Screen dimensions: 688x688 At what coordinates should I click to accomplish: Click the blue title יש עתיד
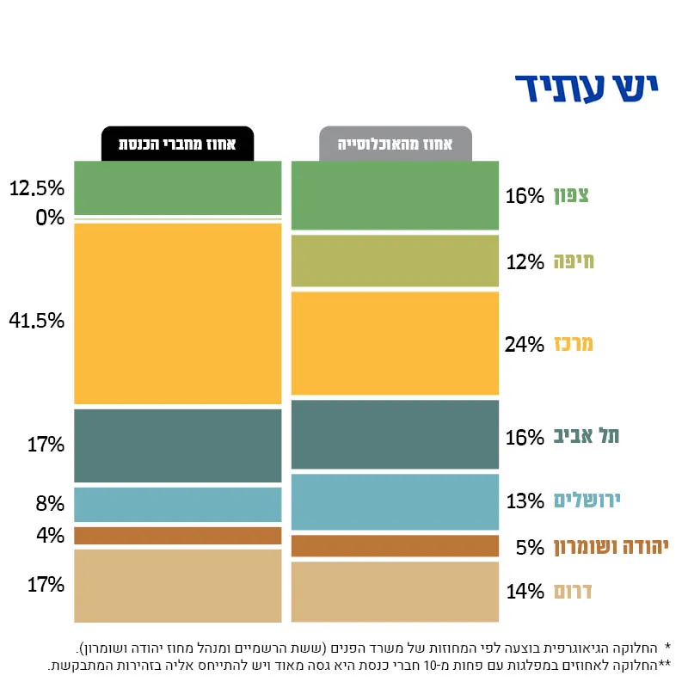pyautogui.click(x=587, y=89)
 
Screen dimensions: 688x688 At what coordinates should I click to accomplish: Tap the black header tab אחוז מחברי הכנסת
pyautogui.click(x=177, y=144)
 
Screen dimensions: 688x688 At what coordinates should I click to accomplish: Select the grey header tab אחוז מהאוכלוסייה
pyautogui.click(x=396, y=144)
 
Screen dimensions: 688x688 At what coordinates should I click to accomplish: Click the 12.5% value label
pyautogui.click(x=37, y=188)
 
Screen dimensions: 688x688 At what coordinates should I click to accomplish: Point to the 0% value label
pyautogui.click(x=50, y=218)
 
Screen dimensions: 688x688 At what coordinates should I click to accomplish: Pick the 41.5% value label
pyautogui.click(x=37, y=321)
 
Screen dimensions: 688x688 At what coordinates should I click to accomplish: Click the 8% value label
pyautogui.click(x=50, y=503)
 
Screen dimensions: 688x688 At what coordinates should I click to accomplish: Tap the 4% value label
pyautogui.click(x=50, y=535)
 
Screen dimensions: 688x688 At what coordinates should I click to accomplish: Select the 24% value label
pyautogui.click(x=524, y=345)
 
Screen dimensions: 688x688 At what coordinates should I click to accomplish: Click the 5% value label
pyautogui.click(x=530, y=547)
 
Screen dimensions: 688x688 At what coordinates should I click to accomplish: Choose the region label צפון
pyautogui.click(x=571, y=195)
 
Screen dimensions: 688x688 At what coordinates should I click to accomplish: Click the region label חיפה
pyautogui.click(x=574, y=261)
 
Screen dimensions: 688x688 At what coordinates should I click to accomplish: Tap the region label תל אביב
pyautogui.click(x=587, y=436)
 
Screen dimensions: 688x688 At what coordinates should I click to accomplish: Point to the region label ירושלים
pyautogui.click(x=587, y=501)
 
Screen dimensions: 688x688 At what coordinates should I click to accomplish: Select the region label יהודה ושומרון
pyautogui.click(x=611, y=547)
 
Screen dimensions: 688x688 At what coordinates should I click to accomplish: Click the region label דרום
pyautogui.click(x=573, y=591)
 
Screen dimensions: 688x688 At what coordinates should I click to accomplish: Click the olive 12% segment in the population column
pyautogui.click(x=395, y=261)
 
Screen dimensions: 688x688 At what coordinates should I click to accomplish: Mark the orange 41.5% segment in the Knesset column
pyautogui.click(x=178, y=314)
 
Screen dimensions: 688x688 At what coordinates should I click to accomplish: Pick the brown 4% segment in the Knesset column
pyautogui.click(x=178, y=536)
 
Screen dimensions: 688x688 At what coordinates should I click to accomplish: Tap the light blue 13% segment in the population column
pyautogui.click(x=395, y=502)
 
